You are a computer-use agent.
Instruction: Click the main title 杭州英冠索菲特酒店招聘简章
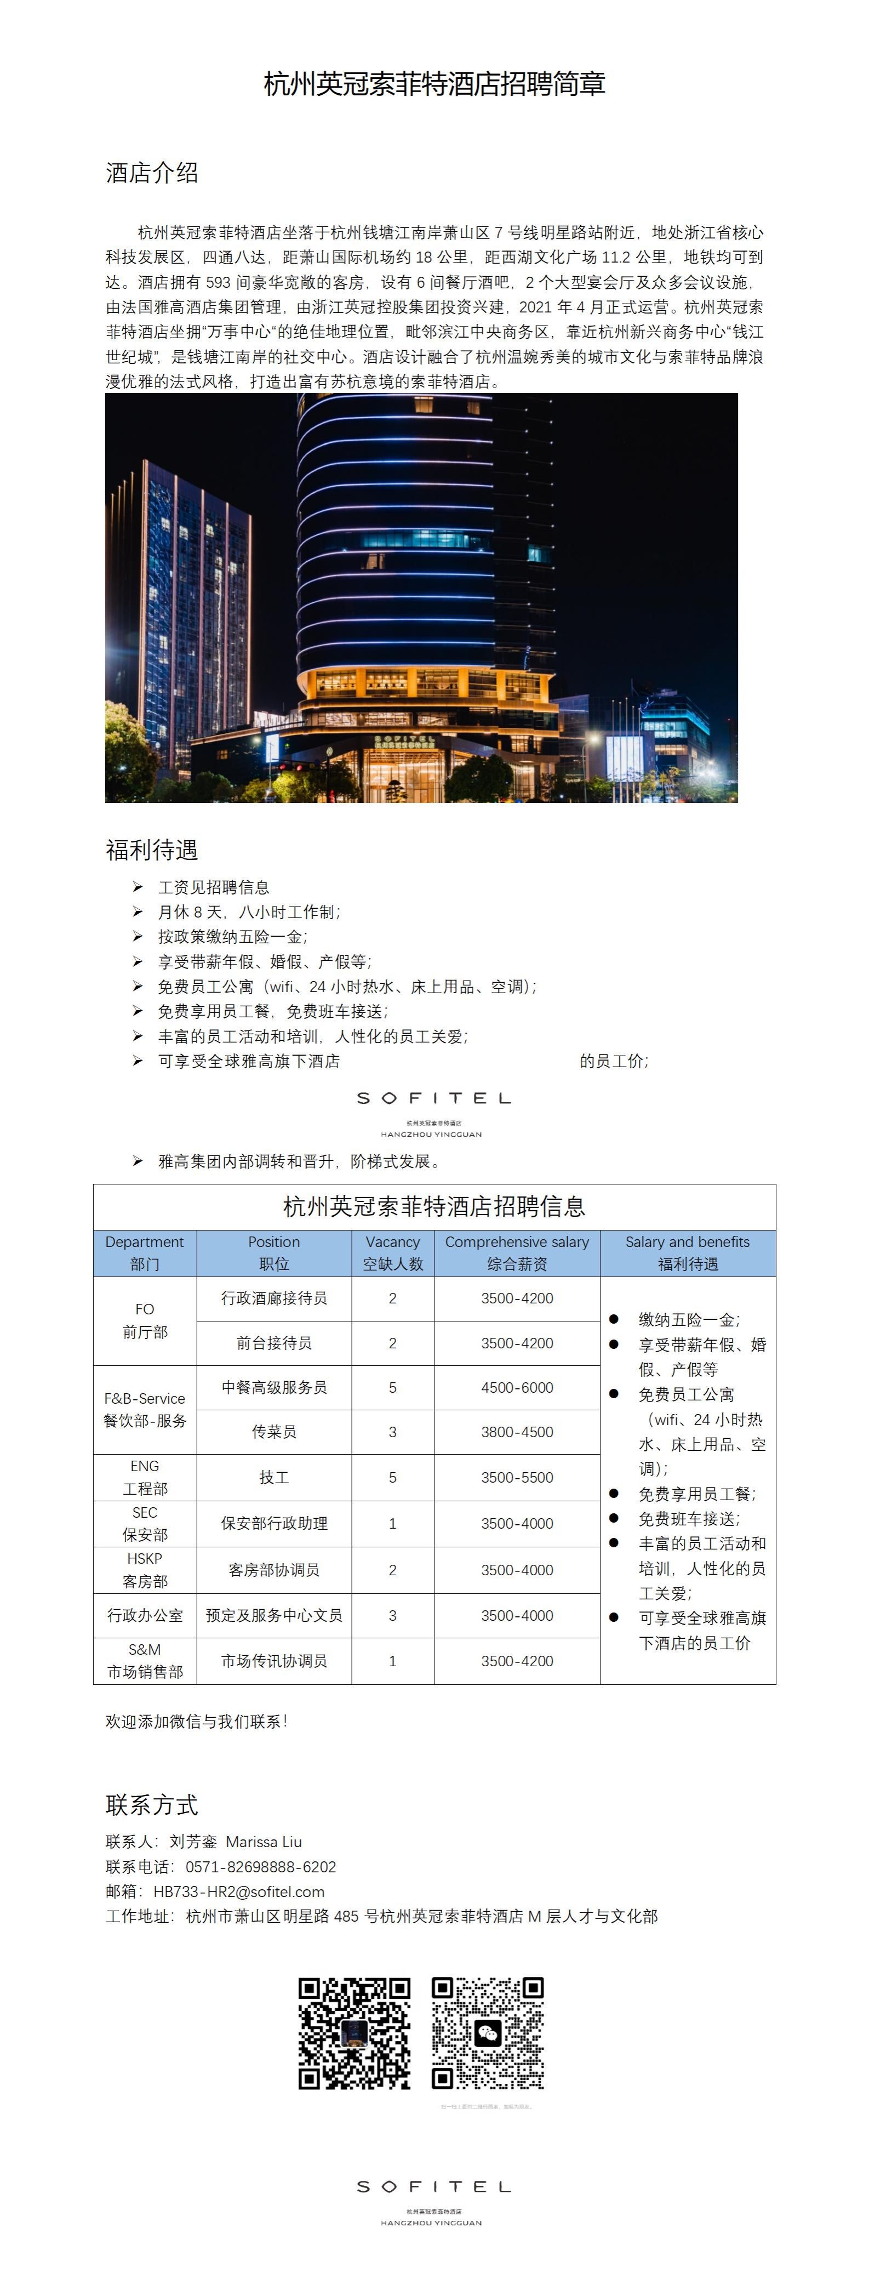click(434, 84)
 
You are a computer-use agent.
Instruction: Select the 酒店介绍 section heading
click(152, 172)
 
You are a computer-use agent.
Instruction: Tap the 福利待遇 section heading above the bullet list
click(152, 850)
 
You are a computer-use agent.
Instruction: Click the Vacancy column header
click(392, 1252)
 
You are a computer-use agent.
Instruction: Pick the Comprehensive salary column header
click(517, 1252)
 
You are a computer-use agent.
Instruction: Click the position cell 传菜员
click(273, 1432)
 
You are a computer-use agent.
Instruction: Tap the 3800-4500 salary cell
click(517, 1432)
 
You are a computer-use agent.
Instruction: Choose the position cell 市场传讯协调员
click(273, 1661)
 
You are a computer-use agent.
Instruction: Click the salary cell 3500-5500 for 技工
click(517, 1477)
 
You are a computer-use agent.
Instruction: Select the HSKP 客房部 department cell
click(145, 1570)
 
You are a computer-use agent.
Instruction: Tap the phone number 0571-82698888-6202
click(260, 1866)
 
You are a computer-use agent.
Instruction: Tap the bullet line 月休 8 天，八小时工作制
click(249, 912)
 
